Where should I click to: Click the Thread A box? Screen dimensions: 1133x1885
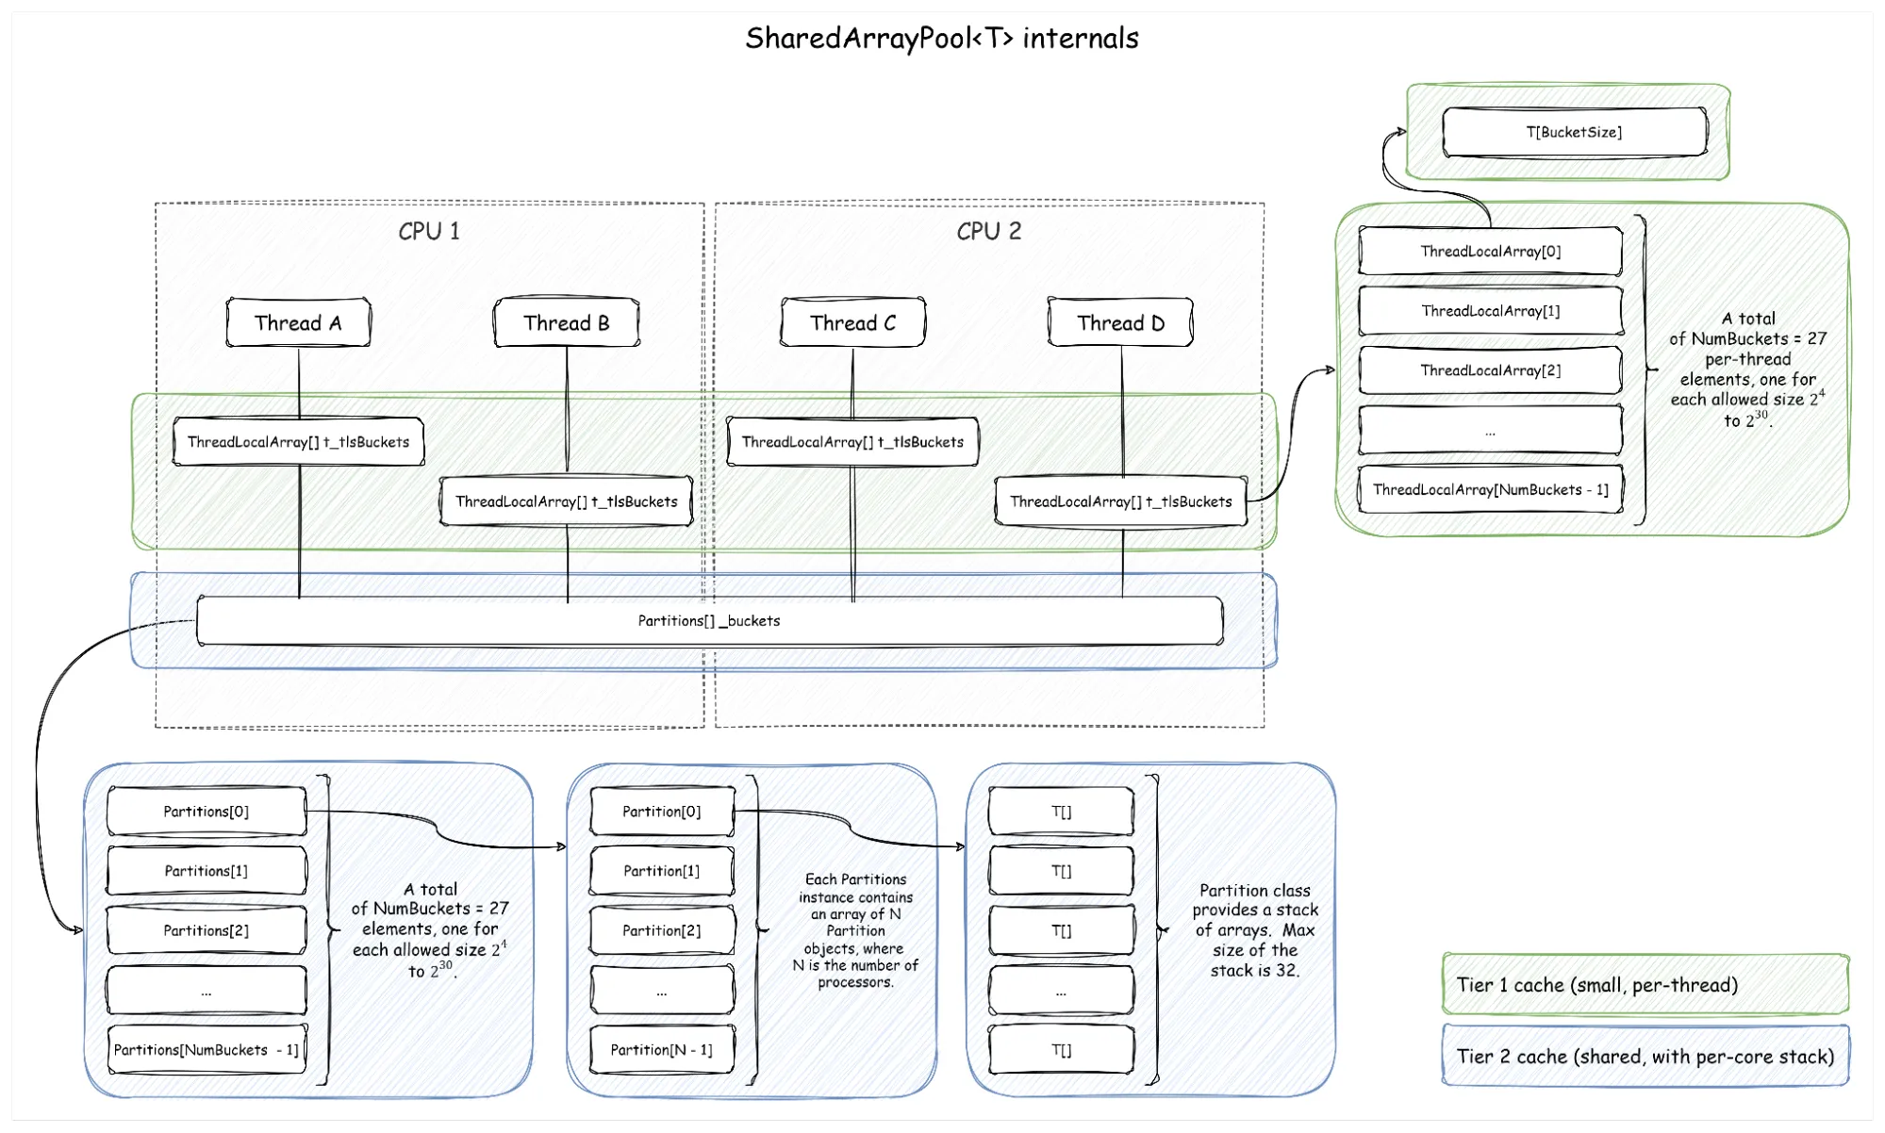[298, 323]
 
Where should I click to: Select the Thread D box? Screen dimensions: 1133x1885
[1120, 323]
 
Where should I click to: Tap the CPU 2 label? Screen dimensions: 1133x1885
[988, 232]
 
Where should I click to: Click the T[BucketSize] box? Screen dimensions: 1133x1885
[1574, 132]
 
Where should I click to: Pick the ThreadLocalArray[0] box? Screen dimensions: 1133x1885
[1490, 252]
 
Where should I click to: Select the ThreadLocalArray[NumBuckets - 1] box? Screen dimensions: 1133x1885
[1490, 490]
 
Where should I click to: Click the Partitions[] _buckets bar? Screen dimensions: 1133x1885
[709, 621]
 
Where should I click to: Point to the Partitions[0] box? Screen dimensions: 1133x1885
[207, 812]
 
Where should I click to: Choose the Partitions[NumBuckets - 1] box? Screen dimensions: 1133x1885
[207, 1050]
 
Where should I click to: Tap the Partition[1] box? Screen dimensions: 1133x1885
[661, 871]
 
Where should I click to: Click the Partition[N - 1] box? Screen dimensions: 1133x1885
[661, 1050]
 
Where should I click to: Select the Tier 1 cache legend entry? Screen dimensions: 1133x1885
[1645, 985]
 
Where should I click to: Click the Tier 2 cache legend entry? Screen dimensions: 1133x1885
[1645, 1057]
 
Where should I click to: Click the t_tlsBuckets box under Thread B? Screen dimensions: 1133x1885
[566, 501]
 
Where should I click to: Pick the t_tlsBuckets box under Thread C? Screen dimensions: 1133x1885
[852, 442]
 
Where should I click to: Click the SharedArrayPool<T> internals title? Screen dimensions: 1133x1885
[941, 39]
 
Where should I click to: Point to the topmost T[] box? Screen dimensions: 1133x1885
[1061, 812]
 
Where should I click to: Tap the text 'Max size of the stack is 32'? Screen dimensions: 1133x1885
[1255, 950]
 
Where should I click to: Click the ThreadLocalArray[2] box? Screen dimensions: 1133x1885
[1490, 370]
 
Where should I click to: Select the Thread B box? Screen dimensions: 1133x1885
[566, 323]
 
